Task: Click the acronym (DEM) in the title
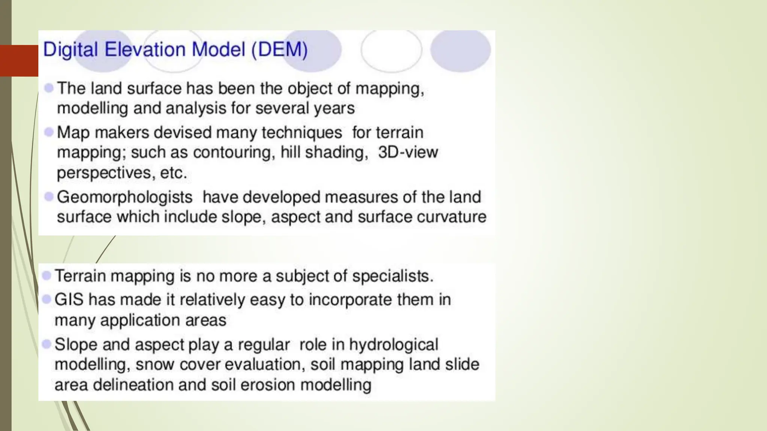(279, 50)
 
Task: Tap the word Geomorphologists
(124, 197)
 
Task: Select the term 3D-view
(408, 152)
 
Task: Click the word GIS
(69, 300)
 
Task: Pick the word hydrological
(394, 345)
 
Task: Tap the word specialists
(392, 276)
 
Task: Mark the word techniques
(301, 132)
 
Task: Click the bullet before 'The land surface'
(49, 88)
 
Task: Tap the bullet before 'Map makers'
(49, 132)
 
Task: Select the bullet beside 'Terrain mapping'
(46, 276)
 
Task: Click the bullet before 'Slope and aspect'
(46, 344)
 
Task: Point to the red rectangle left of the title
(19, 60)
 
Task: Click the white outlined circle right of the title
(391, 51)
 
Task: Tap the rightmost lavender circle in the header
(460, 51)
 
